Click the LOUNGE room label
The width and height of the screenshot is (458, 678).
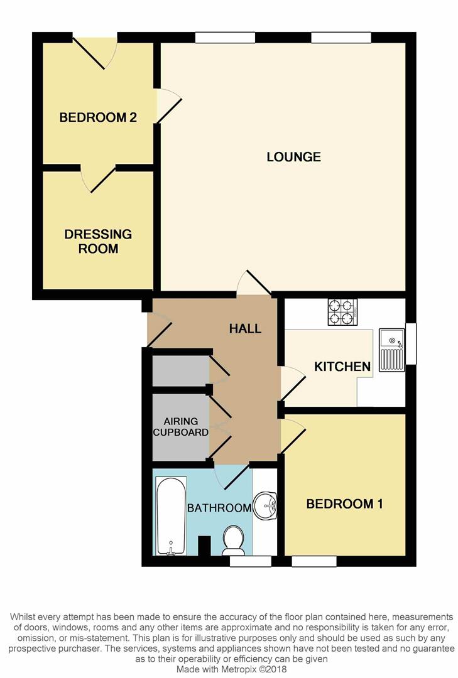293,156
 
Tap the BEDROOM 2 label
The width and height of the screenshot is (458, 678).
98,117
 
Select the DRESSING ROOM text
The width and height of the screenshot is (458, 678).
98,241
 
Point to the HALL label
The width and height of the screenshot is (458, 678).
245,328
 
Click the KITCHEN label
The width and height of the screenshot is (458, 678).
342,367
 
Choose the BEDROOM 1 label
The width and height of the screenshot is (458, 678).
344,503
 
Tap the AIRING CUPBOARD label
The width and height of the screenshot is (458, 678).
180,427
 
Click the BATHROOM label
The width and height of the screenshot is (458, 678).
219,508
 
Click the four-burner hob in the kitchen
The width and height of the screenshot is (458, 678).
343,312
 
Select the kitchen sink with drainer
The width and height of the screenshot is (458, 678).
392,350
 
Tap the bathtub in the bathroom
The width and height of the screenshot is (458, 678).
171,515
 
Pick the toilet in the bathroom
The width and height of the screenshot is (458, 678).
234,540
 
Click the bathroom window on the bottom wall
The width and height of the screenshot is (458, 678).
250,561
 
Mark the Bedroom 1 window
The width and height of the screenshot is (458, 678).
314,561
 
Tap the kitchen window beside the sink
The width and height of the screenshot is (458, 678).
411,344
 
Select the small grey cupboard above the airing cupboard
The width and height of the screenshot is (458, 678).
181,370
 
